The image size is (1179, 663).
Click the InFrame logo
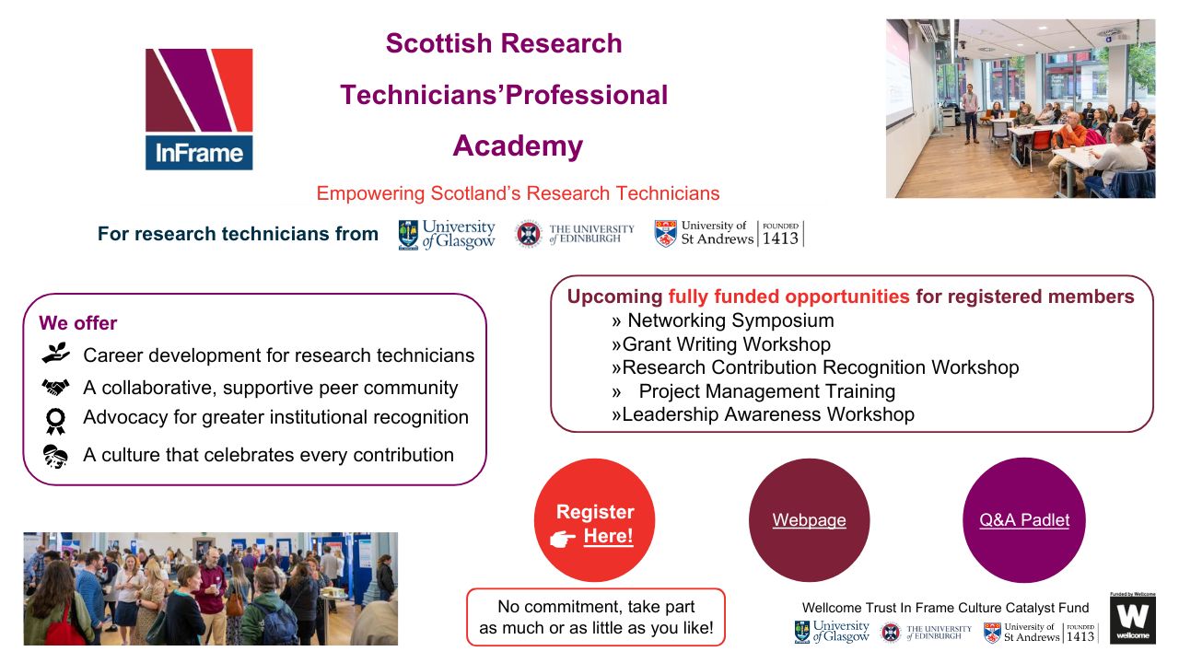tap(199, 109)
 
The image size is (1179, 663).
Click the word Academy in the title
tap(518, 145)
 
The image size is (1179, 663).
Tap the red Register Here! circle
tap(594, 521)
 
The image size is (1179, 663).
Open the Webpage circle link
tap(809, 520)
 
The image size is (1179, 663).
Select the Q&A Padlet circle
tap(1024, 520)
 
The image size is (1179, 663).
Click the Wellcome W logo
tap(1132, 619)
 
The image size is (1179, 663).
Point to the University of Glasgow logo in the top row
tap(447, 234)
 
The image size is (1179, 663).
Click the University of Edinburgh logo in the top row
tap(575, 234)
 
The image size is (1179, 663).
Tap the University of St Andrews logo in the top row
tap(728, 234)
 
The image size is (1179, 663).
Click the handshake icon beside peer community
tap(55, 388)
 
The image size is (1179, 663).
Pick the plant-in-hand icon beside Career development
tap(55, 354)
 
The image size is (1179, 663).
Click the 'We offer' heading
tap(78, 323)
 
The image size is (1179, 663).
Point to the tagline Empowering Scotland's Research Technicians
tap(518, 193)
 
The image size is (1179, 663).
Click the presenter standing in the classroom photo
tap(970, 111)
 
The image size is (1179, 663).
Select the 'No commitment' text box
tap(596, 618)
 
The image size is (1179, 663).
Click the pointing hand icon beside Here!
tap(563, 539)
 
